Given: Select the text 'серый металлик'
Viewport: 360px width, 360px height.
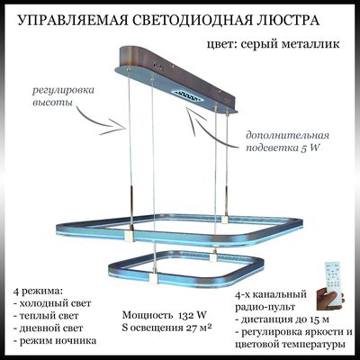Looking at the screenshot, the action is click(290, 44).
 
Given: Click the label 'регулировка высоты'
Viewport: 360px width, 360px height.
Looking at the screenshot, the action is click(63, 96).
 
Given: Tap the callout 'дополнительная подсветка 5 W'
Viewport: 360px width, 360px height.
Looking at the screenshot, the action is click(287, 141).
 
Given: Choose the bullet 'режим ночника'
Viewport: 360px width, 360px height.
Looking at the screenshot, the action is click(55, 341).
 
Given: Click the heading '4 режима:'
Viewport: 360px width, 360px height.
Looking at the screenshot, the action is click(38, 291).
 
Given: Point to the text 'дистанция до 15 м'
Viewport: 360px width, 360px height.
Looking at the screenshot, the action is click(283, 319).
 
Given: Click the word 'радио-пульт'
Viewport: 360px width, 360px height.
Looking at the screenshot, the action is click(265, 307).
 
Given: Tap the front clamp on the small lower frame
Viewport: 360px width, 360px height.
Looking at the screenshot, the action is click(153, 278).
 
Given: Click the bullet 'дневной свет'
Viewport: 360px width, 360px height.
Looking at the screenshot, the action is click(48, 328).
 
